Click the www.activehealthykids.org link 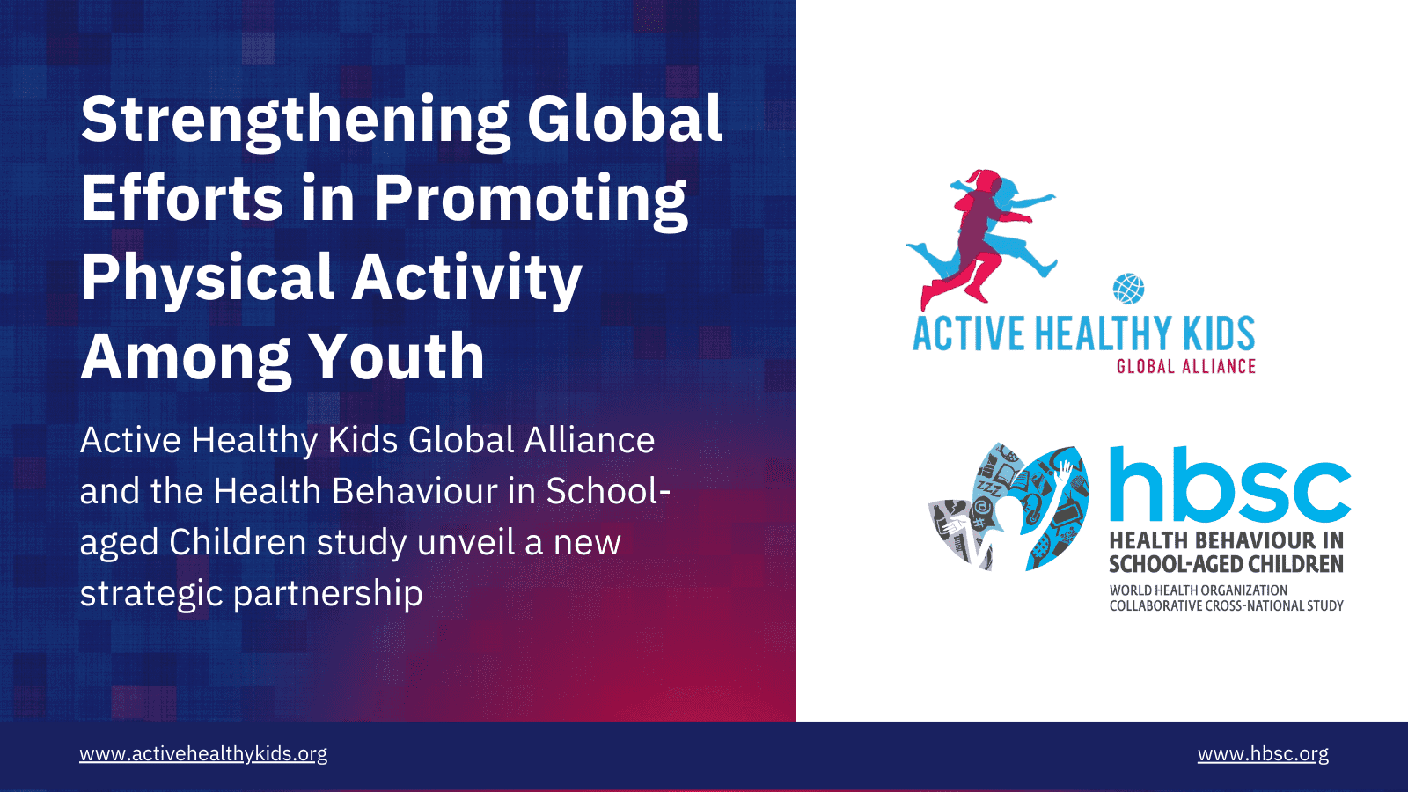click(x=203, y=753)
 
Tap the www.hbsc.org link click(x=1263, y=753)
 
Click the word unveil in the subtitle click(x=466, y=541)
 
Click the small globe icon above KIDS click(x=1128, y=289)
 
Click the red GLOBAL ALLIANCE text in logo click(x=1186, y=366)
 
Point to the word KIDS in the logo click(x=1219, y=334)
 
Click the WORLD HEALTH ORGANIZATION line click(x=1198, y=590)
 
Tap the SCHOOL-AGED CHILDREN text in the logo click(x=1226, y=564)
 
